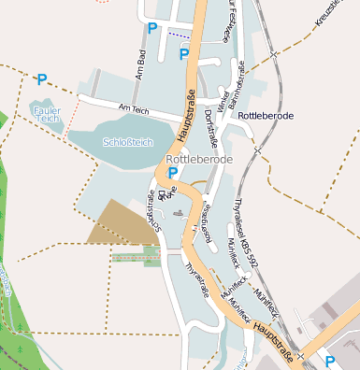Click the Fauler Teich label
(x=47, y=115)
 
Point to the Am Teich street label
(x=135, y=108)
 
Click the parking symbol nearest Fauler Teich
(x=41, y=80)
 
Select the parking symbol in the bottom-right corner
(x=331, y=360)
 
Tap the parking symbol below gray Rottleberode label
(x=173, y=173)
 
